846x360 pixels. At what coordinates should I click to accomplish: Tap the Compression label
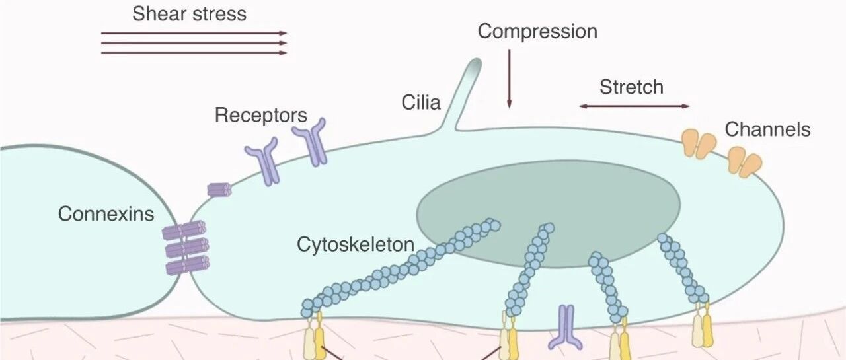[x=537, y=31]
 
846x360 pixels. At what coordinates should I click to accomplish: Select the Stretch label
[x=631, y=87]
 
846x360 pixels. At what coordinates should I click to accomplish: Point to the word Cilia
[x=421, y=102]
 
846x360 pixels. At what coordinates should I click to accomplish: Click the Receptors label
[x=261, y=115]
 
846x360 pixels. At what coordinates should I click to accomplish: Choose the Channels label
[x=767, y=129]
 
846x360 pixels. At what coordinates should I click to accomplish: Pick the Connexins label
[x=106, y=213]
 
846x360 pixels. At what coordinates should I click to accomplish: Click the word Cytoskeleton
[x=356, y=244]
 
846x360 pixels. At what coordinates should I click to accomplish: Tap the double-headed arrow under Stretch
[x=634, y=106]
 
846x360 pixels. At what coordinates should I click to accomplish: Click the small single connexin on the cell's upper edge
[x=219, y=190]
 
